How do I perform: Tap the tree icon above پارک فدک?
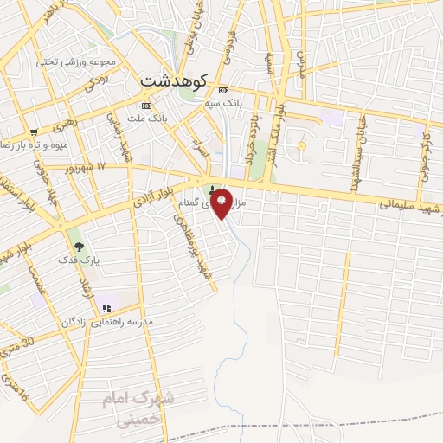coord(80,247)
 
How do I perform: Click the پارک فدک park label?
coord(76,260)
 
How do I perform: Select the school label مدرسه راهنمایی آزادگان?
coord(106,321)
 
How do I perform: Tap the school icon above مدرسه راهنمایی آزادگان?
coord(106,308)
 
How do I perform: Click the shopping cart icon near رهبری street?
coord(34,132)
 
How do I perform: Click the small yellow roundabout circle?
coord(301,145)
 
